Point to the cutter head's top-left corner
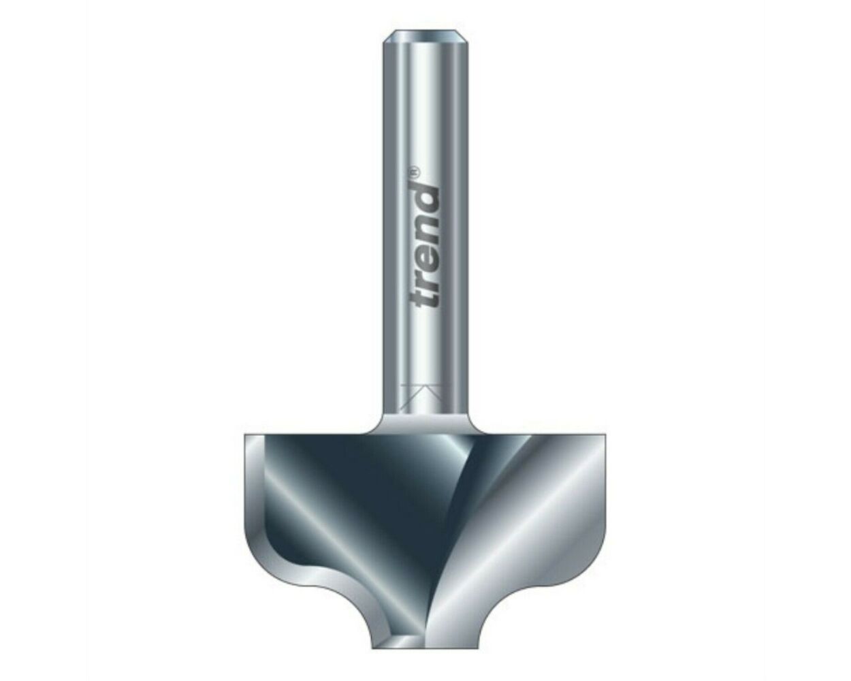pos(244,434)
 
